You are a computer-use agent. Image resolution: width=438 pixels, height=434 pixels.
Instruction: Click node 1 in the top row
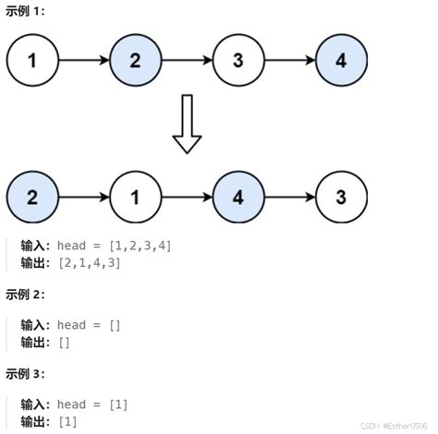32,61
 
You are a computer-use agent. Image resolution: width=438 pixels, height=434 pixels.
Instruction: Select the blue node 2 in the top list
136,61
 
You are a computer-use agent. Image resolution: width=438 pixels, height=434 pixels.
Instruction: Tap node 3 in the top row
238,61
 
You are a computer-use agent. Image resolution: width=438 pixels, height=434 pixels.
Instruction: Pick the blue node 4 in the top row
341,61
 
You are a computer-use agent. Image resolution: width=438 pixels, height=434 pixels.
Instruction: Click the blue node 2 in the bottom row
32,197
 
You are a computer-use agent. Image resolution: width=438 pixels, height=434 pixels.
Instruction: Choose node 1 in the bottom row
136,197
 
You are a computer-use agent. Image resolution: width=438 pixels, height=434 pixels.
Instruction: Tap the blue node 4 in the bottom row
238,197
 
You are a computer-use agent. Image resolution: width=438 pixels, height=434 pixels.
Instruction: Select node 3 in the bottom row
341,197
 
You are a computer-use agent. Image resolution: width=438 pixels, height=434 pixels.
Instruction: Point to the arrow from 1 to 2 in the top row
84,61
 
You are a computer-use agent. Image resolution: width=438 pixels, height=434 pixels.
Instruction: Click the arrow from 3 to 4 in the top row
289,61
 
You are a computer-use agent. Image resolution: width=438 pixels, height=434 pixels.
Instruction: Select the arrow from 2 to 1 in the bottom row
84,197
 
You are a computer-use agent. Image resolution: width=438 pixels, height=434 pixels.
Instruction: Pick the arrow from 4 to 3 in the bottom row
289,197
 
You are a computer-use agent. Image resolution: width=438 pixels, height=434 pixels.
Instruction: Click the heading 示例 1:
25,12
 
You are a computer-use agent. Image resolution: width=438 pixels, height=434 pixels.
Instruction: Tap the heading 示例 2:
25,295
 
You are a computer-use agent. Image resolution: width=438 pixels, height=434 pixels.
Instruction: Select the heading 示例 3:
25,374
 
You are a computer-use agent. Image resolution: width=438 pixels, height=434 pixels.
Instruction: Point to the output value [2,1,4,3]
89,263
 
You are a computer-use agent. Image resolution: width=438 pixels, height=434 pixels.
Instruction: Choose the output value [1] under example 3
67,422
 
